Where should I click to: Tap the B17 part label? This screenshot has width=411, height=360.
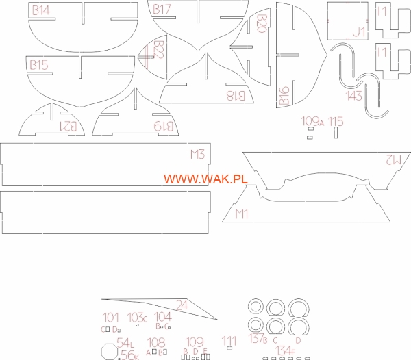(x=162, y=10)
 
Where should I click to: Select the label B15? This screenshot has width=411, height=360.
(x=38, y=65)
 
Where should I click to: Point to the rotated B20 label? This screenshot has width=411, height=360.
(x=261, y=24)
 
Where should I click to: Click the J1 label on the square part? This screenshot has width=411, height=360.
(x=358, y=31)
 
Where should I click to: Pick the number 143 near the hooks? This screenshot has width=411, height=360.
(x=354, y=97)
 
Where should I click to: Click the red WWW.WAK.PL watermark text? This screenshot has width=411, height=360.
(x=205, y=179)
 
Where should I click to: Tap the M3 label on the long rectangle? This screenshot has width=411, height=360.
(x=197, y=154)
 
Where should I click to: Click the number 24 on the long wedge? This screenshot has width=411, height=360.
(x=182, y=305)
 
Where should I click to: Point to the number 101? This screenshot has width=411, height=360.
(x=110, y=318)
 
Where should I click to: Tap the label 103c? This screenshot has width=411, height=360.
(x=137, y=318)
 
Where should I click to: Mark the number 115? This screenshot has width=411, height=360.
(x=336, y=122)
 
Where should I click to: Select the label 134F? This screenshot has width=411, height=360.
(x=286, y=350)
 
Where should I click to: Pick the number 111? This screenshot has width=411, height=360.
(x=229, y=340)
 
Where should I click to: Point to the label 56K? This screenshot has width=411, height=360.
(x=129, y=355)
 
